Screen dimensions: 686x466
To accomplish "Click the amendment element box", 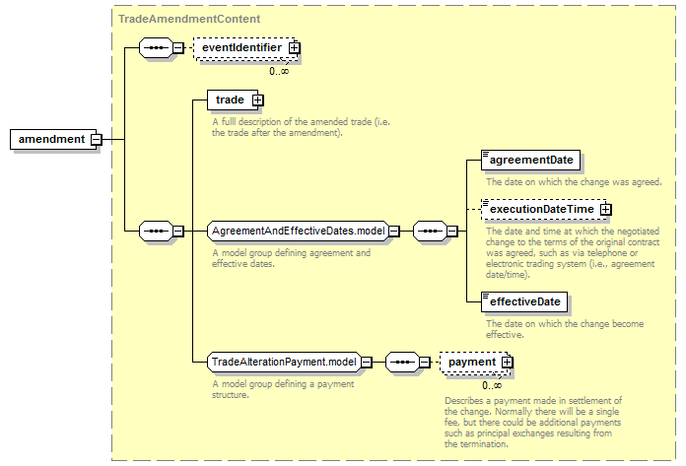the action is pos(53,140).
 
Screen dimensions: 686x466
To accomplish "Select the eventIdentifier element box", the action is pos(245,48).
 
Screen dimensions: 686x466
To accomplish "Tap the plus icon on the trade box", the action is pos(257,100).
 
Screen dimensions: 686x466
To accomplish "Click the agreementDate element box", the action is pos(530,160).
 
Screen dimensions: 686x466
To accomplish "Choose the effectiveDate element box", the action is pos(524,301).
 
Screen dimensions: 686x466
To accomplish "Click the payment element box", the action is pos(474,362).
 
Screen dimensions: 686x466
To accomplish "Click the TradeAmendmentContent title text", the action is pos(189,19).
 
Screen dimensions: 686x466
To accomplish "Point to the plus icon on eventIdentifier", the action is pos(295,48).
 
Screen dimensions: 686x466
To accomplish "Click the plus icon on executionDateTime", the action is pos(605,210).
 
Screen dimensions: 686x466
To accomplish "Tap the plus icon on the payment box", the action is pos(507,362).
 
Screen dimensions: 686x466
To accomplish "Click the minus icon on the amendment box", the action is pos(97,140).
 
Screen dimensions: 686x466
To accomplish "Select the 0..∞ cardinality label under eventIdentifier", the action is pos(279,71).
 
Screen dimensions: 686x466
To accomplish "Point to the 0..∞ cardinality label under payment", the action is pos(492,385).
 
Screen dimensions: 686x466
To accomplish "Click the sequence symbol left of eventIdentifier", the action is pos(156,48).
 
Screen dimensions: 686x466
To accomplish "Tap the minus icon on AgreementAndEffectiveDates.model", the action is pos(394,231).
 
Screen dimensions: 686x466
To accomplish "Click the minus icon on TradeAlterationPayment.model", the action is pos(367,362).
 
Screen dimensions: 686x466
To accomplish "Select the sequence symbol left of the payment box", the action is pos(402,362).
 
